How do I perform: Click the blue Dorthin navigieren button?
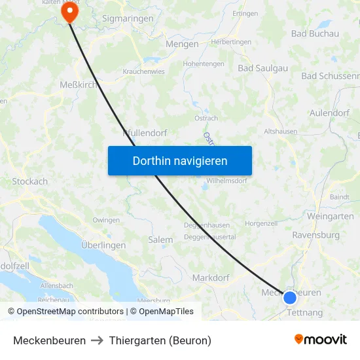tap(180, 160)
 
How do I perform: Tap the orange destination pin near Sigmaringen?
tap(69, 11)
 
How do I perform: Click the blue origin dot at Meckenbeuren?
tap(290, 298)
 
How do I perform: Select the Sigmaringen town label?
tap(128, 19)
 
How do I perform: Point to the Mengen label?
tap(183, 45)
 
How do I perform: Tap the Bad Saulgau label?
tap(263, 67)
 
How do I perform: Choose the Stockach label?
tap(30, 181)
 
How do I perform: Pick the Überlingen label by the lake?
tap(103, 245)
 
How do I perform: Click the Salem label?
tap(160, 240)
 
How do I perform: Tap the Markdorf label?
tap(211, 278)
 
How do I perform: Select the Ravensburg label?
tap(315, 235)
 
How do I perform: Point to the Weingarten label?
tap(330, 216)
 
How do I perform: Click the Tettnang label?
tap(305, 313)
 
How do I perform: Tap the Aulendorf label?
tap(329, 113)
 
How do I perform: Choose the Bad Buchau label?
tap(315, 33)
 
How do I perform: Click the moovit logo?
tap(321, 339)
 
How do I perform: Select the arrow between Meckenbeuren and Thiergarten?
tap(98, 340)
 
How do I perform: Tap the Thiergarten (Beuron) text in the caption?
tap(160, 340)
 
